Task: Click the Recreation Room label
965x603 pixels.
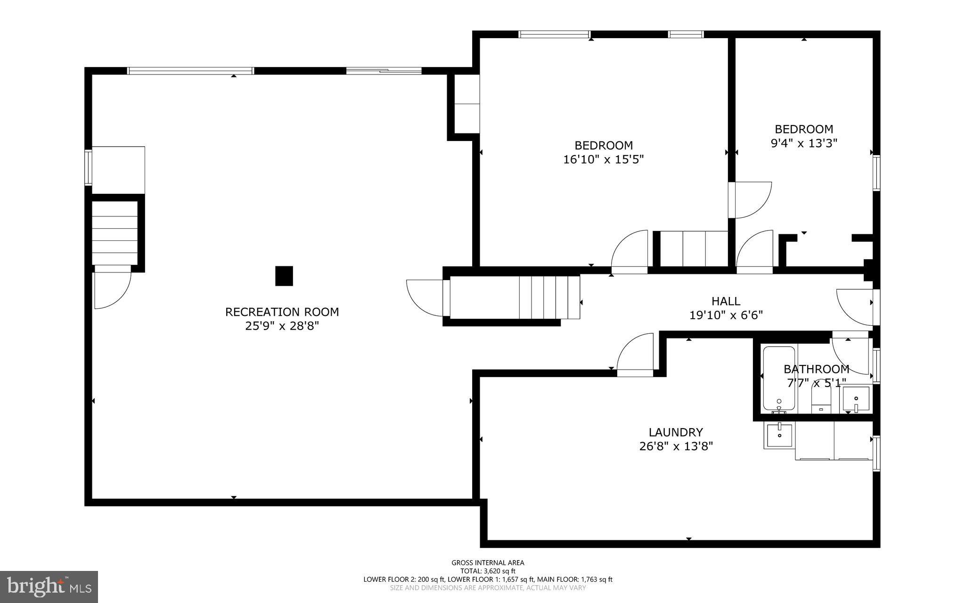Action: point(282,312)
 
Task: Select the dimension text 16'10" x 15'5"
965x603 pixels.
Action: point(603,160)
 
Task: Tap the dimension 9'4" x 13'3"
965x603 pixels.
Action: point(803,143)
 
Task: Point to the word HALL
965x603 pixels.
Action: point(726,301)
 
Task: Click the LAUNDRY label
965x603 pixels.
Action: point(676,432)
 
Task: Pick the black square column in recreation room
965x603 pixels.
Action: point(284,276)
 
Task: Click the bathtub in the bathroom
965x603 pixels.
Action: point(779,378)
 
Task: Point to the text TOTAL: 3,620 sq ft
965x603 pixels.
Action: point(488,571)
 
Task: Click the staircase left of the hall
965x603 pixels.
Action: point(549,298)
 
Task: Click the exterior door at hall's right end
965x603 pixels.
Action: point(855,307)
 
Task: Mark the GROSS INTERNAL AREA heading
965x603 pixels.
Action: point(488,562)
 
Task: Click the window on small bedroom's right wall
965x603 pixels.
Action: point(876,173)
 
